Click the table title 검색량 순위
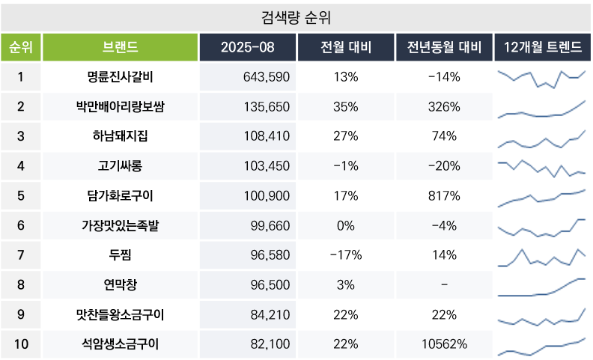(x=296, y=16)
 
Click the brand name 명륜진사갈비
(x=120, y=77)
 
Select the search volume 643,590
(x=267, y=77)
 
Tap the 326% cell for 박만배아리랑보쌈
(x=444, y=107)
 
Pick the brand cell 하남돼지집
(x=120, y=136)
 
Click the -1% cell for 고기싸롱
(x=346, y=166)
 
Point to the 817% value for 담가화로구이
(x=444, y=196)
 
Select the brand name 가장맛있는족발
(x=120, y=225)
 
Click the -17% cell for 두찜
(x=346, y=255)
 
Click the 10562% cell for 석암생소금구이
(x=444, y=344)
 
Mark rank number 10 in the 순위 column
(x=21, y=344)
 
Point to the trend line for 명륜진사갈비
(x=542, y=78)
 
